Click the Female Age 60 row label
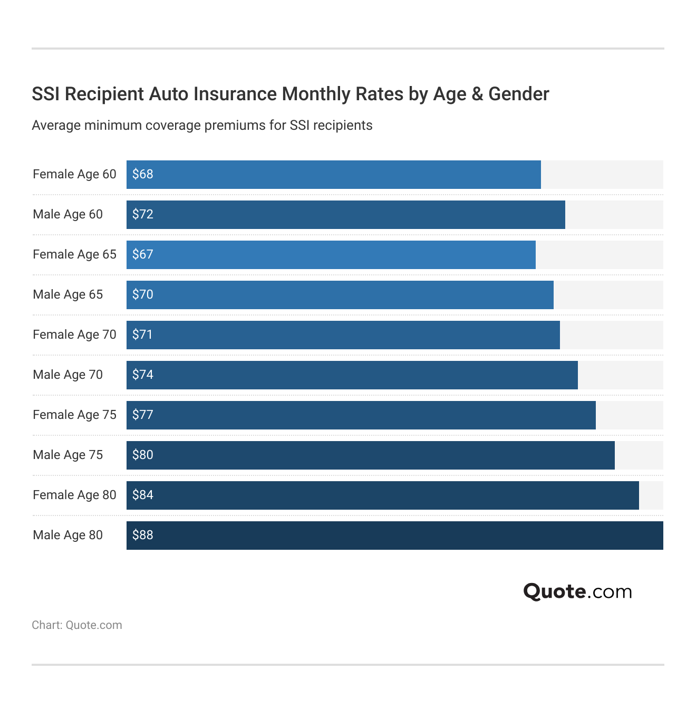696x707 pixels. [74, 174]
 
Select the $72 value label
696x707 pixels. [142, 214]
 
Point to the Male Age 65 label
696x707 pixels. [67, 294]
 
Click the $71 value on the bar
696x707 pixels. [142, 335]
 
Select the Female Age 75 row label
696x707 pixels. [74, 415]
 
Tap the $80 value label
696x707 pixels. [142, 455]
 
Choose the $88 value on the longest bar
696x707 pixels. [142, 535]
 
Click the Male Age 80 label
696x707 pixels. [67, 535]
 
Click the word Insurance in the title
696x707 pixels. [235, 94]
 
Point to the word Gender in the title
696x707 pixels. [518, 94]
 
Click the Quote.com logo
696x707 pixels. [577, 591]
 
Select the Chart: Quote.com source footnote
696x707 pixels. [77, 625]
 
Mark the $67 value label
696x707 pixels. [142, 254]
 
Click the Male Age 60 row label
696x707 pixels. [67, 214]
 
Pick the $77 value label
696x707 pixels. [142, 415]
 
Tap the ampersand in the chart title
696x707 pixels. [477, 94]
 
